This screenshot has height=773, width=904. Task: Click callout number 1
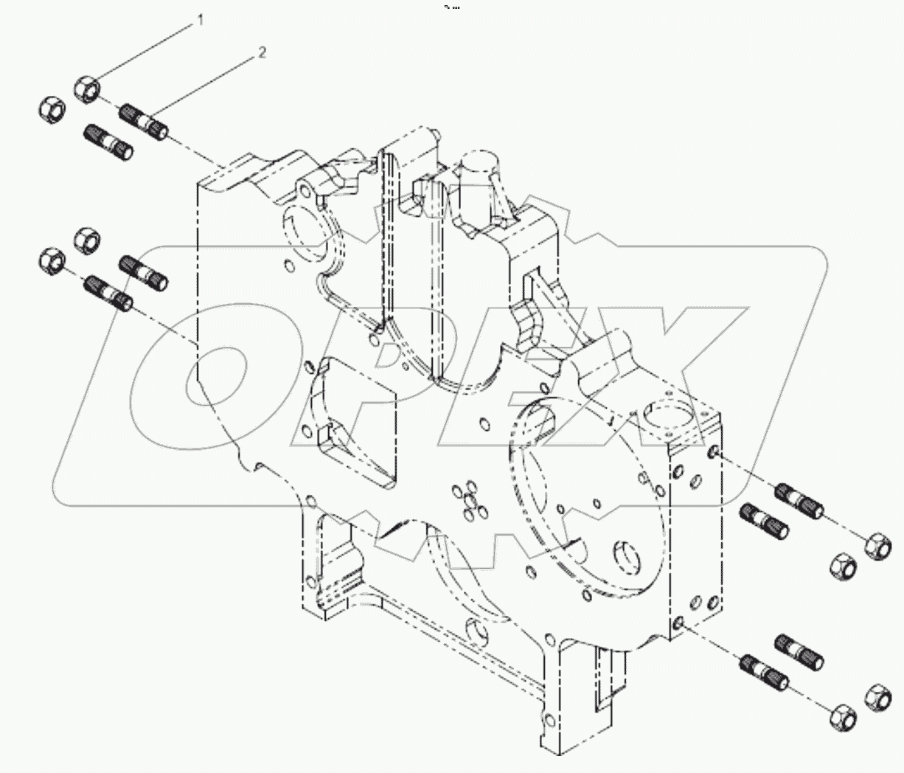pyautogui.click(x=200, y=21)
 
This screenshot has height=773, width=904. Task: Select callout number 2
pyautogui.click(x=262, y=52)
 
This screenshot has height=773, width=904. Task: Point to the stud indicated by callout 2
pyautogui.click(x=144, y=121)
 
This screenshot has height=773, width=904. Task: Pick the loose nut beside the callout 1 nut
pyautogui.click(x=51, y=109)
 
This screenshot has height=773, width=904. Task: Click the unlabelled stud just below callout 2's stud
pyautogui.click(x=109, y=142)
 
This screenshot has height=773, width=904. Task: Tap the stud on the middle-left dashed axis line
pyautogui.click(x=109, y=291)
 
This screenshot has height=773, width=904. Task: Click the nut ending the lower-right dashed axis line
pyautogui.click(x=840, y=716)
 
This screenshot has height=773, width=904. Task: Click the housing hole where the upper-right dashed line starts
pyautogui.click(x=712, y=451)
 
